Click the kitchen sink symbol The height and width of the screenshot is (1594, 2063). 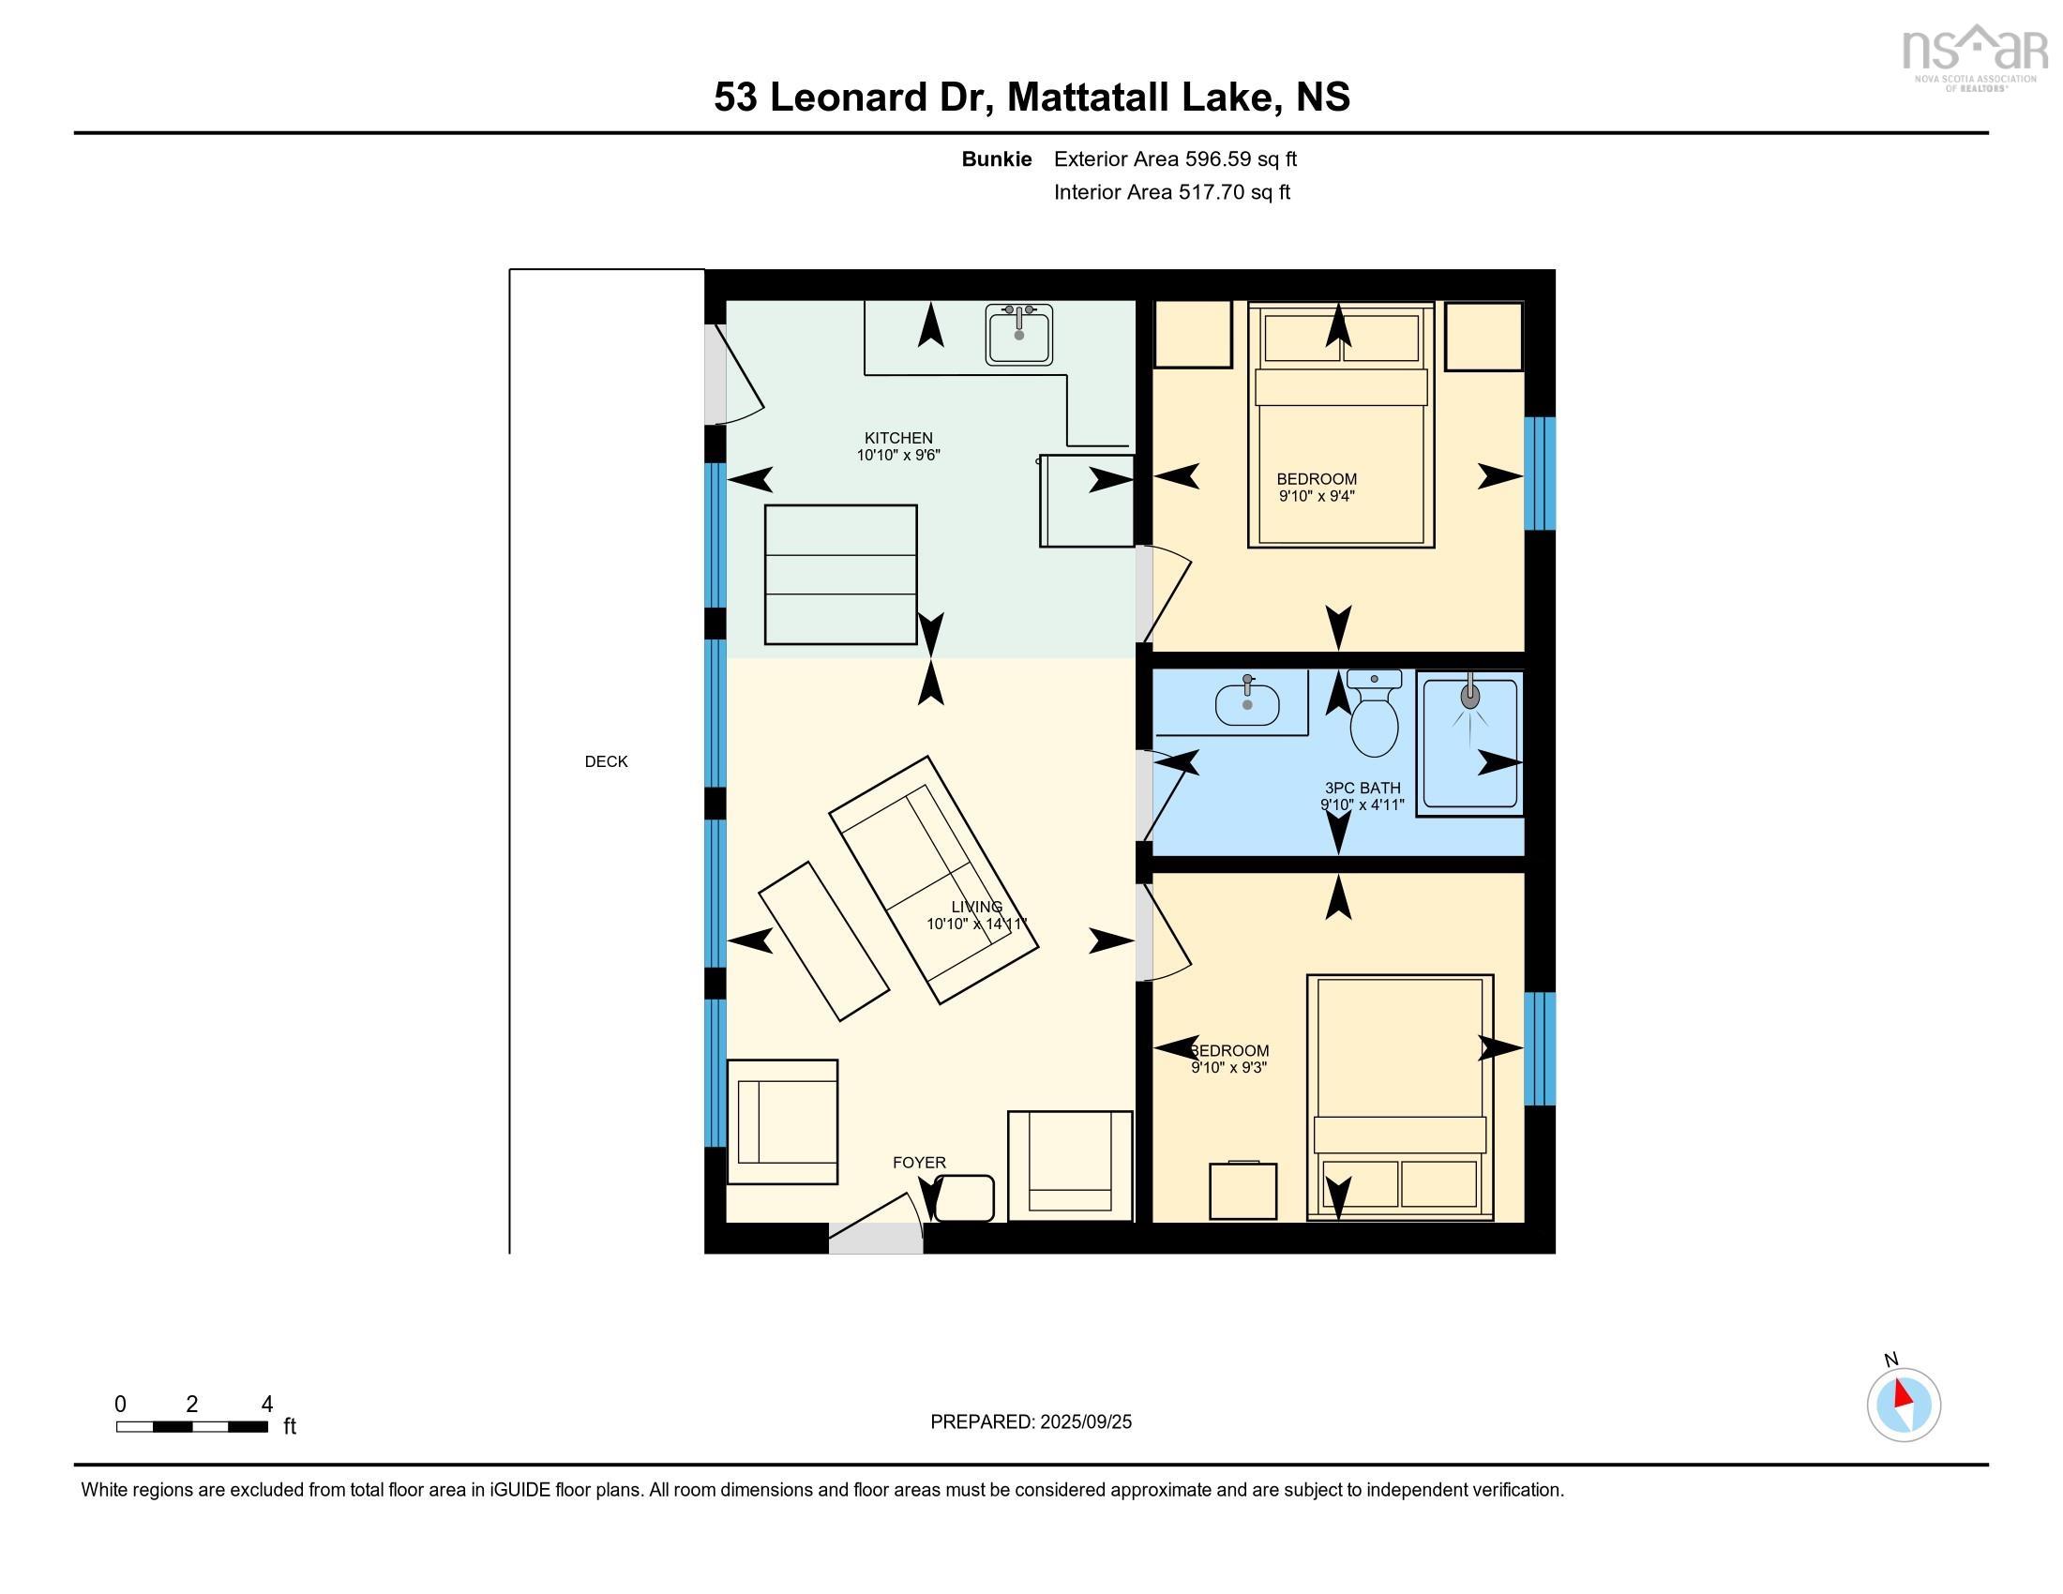[x=1018, y=335]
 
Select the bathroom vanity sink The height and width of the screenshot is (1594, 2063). [x=1247, y=703]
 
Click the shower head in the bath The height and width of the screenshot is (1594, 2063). [x=1469, y=697]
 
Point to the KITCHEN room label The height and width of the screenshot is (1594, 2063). [x=898, y=438]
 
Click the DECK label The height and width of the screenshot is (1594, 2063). [x=606, y=761]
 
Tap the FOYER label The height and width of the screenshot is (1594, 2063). [x=919, y=1163]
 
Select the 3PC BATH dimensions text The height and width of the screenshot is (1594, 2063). [x=1363, y=805]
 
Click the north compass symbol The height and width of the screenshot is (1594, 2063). [x=1904, y=1406]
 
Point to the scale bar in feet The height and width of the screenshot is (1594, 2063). [x=191, y=1426]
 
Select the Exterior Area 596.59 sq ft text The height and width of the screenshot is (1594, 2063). [x=1175, y=158]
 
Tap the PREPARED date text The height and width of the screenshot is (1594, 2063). [x=1031, y=1421]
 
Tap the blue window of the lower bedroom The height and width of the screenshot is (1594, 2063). [x=1539, y=1048]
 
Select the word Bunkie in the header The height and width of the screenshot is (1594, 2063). [x=996, y=158]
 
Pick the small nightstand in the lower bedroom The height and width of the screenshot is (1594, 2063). [x=1243, y=1191]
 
